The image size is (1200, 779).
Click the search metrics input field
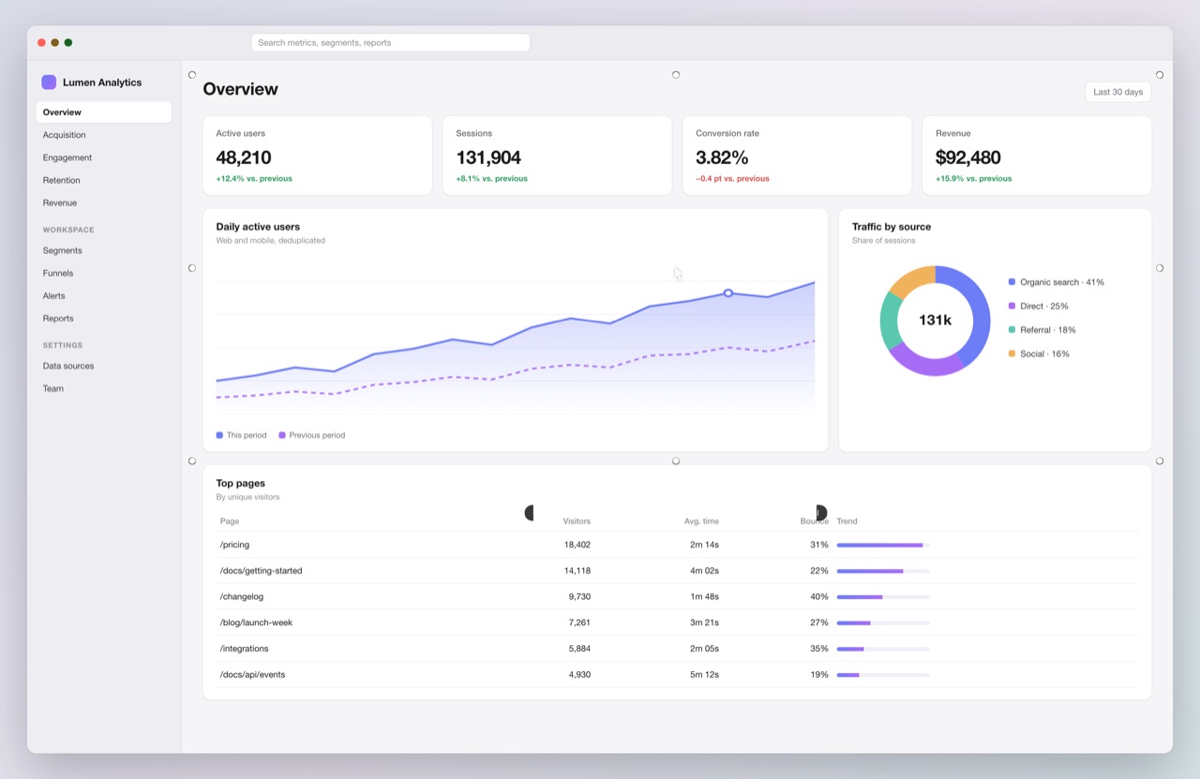click(391, 43)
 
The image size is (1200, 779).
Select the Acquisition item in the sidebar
click(65, 135)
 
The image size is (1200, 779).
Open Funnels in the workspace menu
click(58, 273)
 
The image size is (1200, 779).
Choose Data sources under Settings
click(68, 366)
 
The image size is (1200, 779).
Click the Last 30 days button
click(1118, 92)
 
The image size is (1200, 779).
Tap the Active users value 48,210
click(244, 157)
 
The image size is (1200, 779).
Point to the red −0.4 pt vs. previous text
click(732, 179)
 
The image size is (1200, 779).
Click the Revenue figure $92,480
click(968, 157)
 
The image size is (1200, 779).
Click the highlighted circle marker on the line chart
click(728, 293)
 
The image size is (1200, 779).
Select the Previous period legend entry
click(312, 435)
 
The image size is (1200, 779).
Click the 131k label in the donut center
click(935, 321)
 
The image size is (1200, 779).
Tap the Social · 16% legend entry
click(1039, 354)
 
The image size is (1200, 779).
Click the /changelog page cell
click(242, 597)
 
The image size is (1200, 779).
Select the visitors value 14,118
click(577, 571)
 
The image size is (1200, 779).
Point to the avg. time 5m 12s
click(704, 675)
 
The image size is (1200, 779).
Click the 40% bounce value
click(819, 597)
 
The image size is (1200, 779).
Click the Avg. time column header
click(701, 521)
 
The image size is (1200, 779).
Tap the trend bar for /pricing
click(883, 546)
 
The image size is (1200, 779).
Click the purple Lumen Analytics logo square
click(49, 82)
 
